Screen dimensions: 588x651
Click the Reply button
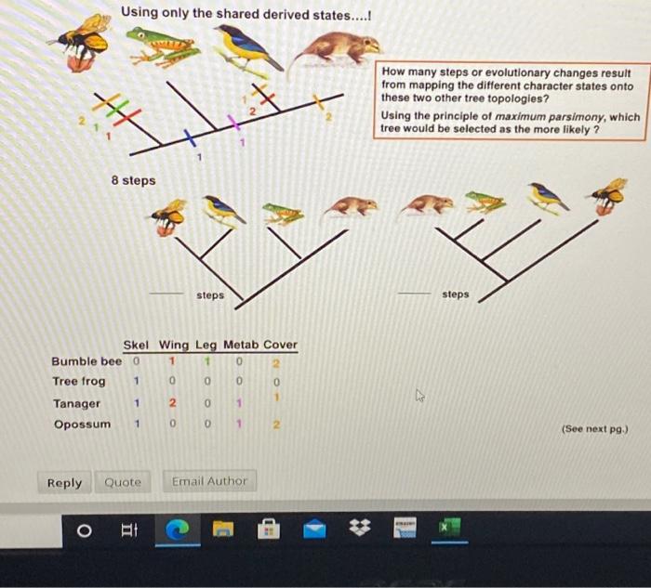point(64,482)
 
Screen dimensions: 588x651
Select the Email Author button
point(209,481)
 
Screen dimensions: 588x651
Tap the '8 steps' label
point(134,180)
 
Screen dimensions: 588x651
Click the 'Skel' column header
point(137,345)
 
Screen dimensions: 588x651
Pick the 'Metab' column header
point(239,345)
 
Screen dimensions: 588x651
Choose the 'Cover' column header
point(280,345)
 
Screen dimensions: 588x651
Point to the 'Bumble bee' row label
point(86,360)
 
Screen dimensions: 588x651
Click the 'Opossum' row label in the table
point(82,425)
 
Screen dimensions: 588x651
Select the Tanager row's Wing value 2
point(172,403)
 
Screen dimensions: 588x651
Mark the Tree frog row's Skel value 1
point(136,382)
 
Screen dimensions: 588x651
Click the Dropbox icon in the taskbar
point(359,530)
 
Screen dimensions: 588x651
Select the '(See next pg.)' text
point(595,429)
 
